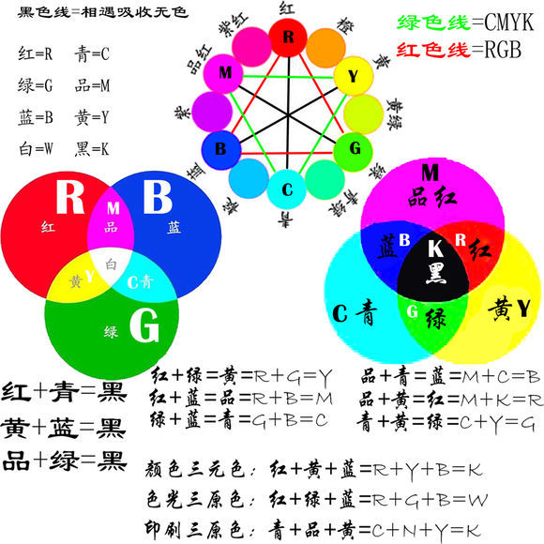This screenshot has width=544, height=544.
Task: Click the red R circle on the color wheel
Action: [x=288, y=38]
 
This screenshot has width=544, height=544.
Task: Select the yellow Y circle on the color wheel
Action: [x=354, y=76]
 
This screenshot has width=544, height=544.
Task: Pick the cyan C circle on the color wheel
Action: [x=287, y=189]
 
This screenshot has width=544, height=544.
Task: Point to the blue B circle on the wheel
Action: [x=221, y=150]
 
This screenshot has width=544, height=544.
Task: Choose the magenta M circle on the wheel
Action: [x=223, y=73]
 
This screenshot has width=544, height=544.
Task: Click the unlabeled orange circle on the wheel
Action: [x=325, y=48]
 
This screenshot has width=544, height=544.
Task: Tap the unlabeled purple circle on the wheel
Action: [x=212, y=112]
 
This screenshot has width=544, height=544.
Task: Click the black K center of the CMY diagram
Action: [x=433, y=267]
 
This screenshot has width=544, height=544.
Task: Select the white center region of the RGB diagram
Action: [x=111, y=265]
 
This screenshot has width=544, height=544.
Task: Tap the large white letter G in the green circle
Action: [x=144, y=325]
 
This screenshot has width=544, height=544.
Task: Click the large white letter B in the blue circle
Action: [x=158, y=197]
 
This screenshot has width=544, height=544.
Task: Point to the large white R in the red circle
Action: [x=70, y=196]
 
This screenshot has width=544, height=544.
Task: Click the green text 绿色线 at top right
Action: [x=433, y=23]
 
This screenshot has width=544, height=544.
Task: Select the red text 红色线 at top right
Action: [x=433, y=50]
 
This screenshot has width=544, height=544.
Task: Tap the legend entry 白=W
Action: [x=36, y=149]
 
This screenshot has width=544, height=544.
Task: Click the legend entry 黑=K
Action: [x=92, y=149]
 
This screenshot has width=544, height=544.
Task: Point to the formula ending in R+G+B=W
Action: [x=317, y=500]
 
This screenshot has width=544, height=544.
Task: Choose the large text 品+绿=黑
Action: [x=64, y=461]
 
